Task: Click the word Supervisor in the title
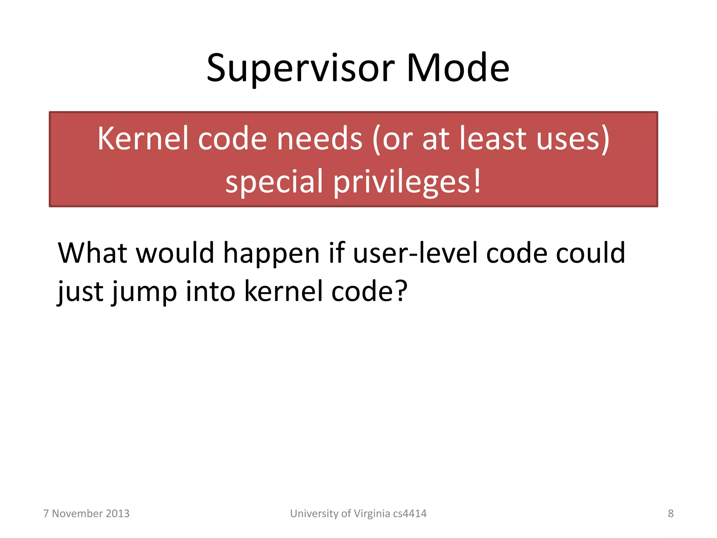(300, 69)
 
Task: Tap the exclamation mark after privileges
(477, 181)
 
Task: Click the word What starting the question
(92, 253)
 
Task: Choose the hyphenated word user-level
(415, 253)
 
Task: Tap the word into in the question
(210, 291)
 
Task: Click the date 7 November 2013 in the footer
(86, 513)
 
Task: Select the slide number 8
(670, 513)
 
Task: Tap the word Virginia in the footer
(371, 513)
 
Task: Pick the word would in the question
(175, 253)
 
